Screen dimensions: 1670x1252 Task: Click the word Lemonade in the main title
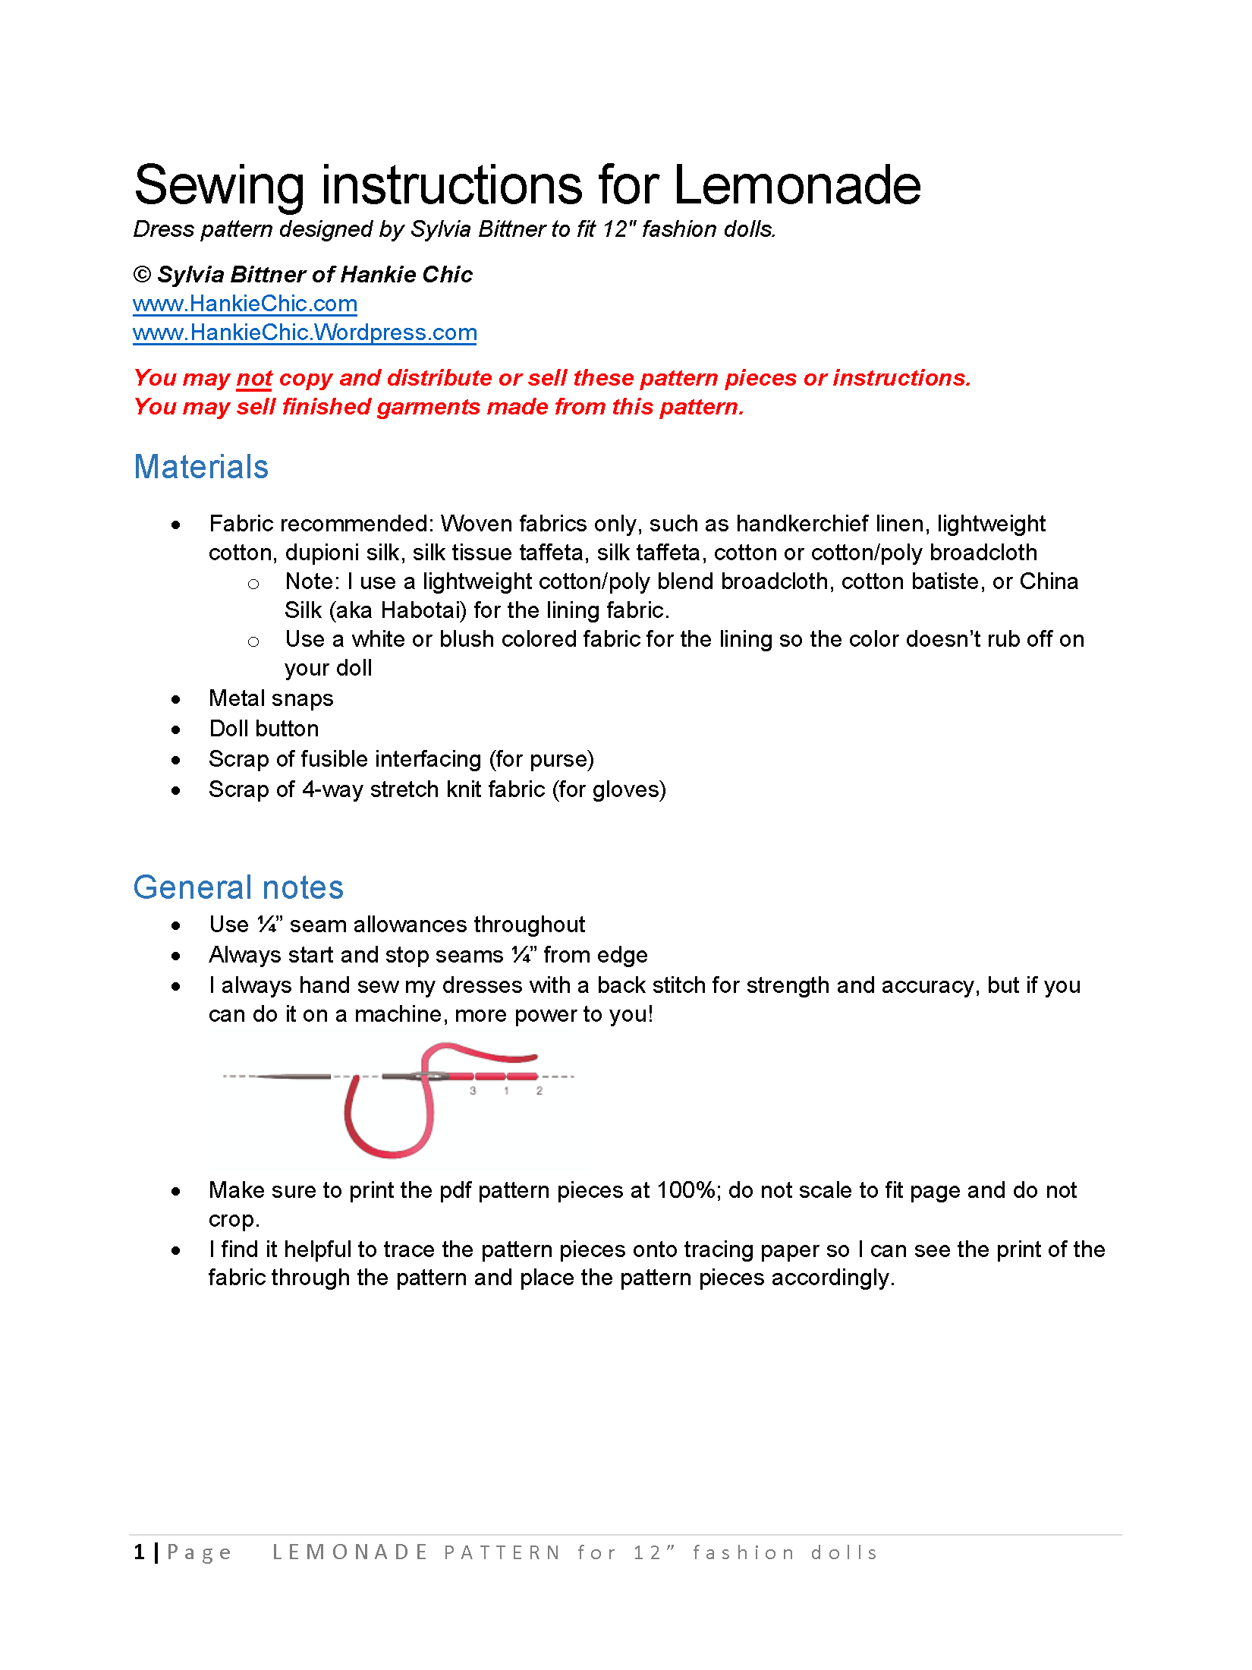click(x=797, y=186)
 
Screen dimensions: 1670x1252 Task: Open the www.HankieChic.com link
click(x=244, y=304)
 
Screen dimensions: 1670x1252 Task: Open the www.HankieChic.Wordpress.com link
click(x=304, y=333)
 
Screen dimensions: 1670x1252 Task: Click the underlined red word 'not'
click(x=254, y=378)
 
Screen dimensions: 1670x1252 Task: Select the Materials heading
click(x=201, y=467)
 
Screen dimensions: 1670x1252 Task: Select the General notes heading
click(x=238, y=887)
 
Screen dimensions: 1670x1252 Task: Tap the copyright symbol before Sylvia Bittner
click(x=142, y=275)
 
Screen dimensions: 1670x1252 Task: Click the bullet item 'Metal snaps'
click(x=271, y=698)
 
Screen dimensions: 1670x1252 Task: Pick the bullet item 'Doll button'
click(x=264, y=729)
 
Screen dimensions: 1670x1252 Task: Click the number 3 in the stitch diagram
click(x=473, y=1091)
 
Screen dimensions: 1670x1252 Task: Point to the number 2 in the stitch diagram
click(x=539, y=1091)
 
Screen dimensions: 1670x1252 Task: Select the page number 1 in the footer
click(x=139, y=1553)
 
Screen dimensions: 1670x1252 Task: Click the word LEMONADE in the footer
click(x=350, y=1553)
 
